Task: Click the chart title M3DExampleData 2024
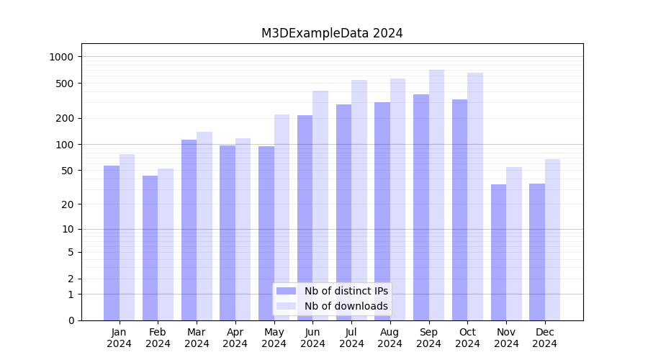click(332, 33)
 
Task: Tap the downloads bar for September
click(436, 195)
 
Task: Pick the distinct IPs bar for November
click(498, 252)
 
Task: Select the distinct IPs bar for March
click(189, 230)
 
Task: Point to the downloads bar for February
click(166, 244)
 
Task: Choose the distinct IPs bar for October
click(459, 210)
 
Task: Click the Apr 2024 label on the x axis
click(235, 338)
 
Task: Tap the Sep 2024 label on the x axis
click(428, 338)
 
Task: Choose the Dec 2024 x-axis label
click(544, 338)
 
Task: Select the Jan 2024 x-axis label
click(120, 338)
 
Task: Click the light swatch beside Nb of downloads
click(286, 306)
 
